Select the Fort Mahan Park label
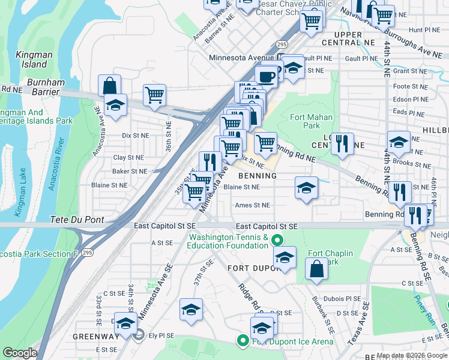(x=305, y=122)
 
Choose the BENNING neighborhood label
(x=258, y=176)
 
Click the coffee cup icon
(x=266, y=76)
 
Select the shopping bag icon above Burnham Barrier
(x=110, y=85)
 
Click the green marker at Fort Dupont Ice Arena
(x=243, y=341)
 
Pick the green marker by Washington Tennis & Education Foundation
(x=277, y=241)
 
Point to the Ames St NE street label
(x=252, y=205)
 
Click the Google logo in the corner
(x=19, y=353)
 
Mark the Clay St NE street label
(x=128, y=158)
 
